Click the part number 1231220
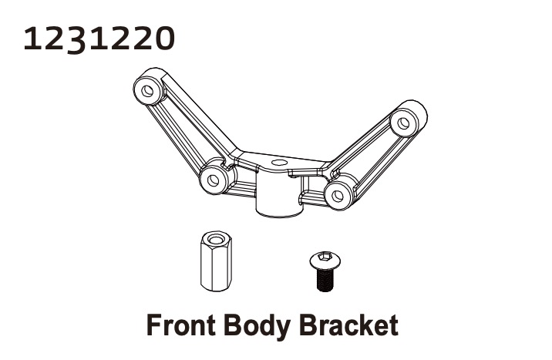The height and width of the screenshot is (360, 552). coord(99,39)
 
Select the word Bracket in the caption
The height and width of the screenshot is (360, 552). coord(349,325)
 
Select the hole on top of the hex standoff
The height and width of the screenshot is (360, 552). coord(214,239)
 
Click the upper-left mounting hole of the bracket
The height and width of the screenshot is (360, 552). coord(147,91)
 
